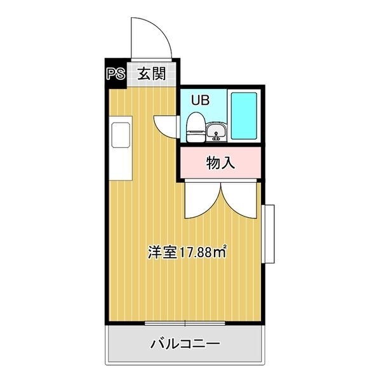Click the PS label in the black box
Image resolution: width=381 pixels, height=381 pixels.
click(x=116, y=74)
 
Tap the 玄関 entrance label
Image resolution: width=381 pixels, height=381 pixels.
click(x=151, y=74)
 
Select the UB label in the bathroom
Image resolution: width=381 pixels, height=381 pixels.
click(x=200, y=100)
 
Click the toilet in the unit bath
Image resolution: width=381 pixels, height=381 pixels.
click(x=196, y=127)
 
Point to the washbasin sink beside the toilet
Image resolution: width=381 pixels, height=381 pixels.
click(x=217, y=131)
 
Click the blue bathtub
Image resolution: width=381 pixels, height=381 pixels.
click(x=244, y=116)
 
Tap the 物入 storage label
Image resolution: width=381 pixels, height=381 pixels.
click(x=220, y=163)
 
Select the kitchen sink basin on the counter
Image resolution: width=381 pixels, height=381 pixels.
click(x=121, y=135)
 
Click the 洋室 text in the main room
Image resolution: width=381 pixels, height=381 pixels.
click(x=163, y=252)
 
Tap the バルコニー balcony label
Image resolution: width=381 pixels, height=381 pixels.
click(x=185, y=344)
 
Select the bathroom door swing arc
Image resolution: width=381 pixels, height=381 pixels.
click(x=161, y=128)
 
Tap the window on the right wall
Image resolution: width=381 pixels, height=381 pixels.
click(x=268, y=234)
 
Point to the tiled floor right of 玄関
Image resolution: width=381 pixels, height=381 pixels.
click(x=171, y=74)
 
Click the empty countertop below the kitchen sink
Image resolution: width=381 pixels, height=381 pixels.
click(x=121, y=164)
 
